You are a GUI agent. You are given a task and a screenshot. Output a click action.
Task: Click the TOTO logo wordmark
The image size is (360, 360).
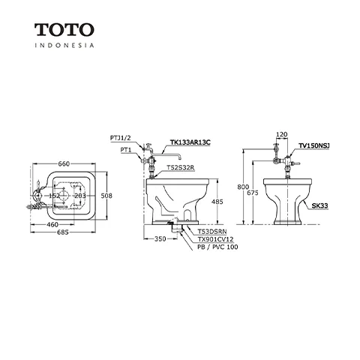64,29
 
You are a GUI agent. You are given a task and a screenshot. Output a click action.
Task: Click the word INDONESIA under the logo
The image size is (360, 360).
64,45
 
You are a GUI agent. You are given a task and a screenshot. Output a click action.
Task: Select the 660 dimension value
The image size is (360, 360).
64,164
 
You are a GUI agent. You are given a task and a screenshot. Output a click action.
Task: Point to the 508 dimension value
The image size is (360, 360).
106,196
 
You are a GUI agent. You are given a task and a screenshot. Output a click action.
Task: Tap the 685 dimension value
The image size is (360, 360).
63,232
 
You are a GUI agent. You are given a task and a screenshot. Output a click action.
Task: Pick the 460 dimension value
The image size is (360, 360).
52,225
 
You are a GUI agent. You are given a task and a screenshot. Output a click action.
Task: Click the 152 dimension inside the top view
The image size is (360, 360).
55,196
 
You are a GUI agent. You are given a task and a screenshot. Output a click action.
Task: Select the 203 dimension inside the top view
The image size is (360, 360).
80,196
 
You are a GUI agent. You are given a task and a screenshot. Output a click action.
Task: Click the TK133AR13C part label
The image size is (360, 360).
190,142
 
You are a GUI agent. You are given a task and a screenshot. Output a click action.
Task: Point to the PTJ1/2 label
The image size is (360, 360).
121,138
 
